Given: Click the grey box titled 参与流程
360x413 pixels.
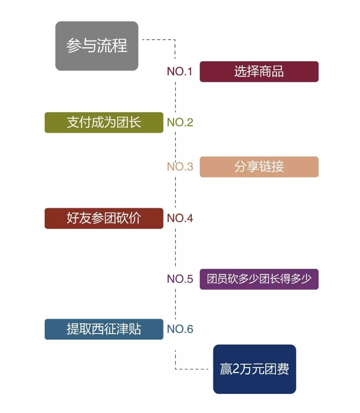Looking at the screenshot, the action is [x=97, y=46].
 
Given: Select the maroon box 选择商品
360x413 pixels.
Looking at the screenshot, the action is [x=259, y=71].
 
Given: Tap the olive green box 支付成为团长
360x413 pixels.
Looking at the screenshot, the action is [x=104, y=122].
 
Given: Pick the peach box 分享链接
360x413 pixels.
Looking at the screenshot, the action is [x=259, y=167].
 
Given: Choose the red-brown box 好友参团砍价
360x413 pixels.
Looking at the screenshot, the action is [x=104, y=218].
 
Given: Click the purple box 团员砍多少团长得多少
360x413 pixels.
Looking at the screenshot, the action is [x=259, y=279].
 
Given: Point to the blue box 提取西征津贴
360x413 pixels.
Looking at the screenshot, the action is [x=104, y=329].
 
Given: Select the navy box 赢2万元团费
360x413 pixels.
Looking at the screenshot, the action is [x=254, y=369].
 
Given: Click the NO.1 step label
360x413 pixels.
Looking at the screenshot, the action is [x=180, y=71].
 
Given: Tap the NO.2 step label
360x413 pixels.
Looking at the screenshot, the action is [x=180, y=122].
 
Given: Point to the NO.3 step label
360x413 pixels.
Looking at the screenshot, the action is [x=180, y=167].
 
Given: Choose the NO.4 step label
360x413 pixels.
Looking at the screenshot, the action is [x=180, y=218].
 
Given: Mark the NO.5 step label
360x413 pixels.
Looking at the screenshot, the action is [x=180, y=279].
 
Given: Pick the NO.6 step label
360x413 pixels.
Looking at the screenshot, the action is [x=180, y=329].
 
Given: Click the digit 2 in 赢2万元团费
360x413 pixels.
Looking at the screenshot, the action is [x=236, y=369].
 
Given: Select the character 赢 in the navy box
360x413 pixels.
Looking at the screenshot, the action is [x=226, y=369].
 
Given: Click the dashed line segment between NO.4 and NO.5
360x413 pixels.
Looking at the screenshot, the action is [x=176, y=248].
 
